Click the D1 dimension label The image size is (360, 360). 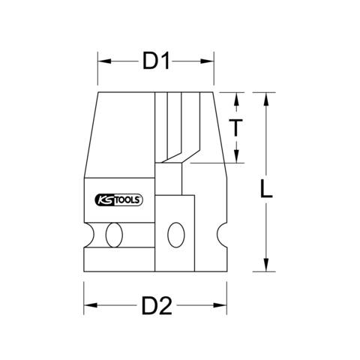tap(156, 61)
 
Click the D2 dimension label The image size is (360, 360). tap(157, 305)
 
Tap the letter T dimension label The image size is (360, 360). tap(235, 127)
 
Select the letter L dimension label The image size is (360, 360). tap(266, 188)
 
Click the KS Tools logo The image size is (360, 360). tap(119, 200)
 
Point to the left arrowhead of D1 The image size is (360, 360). tap(104, 61)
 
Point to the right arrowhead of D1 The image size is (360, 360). tap(207, 61)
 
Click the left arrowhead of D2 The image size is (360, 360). tap(91, 305)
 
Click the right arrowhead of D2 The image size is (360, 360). tap(220, 305)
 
